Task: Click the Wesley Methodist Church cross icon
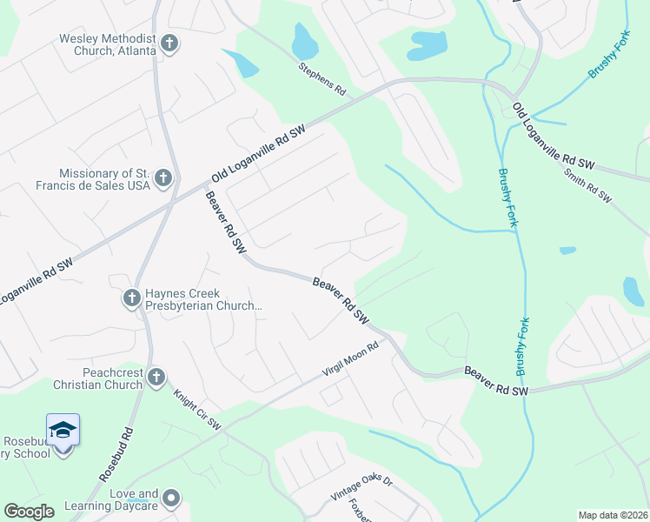click(x=169, y=43)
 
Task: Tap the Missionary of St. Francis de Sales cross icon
click(x=162, y=179)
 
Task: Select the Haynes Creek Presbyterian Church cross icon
click(x=131, y=298)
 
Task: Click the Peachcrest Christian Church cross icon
click(x=156, y=377)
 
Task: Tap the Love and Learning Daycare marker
click(x=172, y=499)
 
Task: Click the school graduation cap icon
click(x=63, y=430)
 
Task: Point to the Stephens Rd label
click(x=322, y=78)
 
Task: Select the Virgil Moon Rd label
click(x=351, y=361)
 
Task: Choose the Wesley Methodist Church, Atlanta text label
click(x=108, y=44)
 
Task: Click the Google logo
click(x=29, y=512)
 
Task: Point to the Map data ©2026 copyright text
click(x=613, y=515)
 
